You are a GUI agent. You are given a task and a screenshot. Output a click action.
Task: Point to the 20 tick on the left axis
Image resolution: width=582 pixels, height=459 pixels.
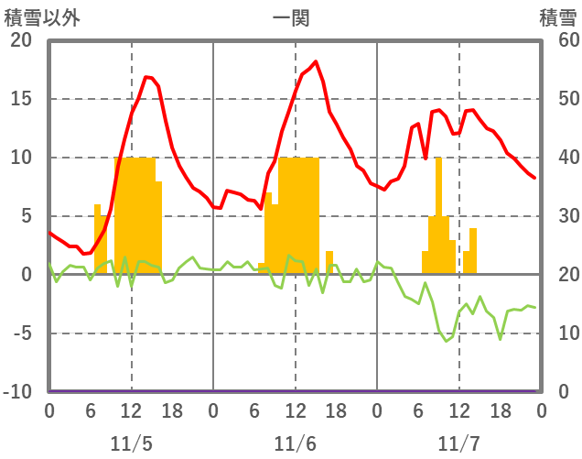21,40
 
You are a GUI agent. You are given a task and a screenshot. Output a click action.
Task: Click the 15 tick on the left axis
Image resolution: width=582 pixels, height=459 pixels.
21,99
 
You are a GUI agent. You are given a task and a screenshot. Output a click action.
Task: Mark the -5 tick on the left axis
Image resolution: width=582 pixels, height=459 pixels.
21,333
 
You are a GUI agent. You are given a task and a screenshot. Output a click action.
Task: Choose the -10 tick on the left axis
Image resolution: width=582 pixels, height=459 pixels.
17,392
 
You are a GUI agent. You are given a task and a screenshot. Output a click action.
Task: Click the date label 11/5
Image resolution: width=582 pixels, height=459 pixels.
131,443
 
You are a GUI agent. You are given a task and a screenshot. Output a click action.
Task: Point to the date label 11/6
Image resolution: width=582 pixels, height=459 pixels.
295,443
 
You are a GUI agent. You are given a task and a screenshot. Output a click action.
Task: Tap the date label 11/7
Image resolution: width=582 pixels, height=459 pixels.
458,443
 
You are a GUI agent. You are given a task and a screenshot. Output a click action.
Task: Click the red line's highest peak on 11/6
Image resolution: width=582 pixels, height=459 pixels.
316,62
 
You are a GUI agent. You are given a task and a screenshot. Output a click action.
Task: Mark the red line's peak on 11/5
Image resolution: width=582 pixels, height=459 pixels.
146,77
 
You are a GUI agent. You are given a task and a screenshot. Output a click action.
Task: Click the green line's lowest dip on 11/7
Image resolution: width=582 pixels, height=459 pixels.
446,341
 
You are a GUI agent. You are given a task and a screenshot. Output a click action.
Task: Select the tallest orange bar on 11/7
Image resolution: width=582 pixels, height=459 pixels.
438,215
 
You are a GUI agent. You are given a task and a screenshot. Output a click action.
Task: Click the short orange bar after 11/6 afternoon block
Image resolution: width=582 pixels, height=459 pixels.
329,262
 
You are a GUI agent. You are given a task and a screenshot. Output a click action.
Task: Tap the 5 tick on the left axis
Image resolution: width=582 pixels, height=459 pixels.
25,216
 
